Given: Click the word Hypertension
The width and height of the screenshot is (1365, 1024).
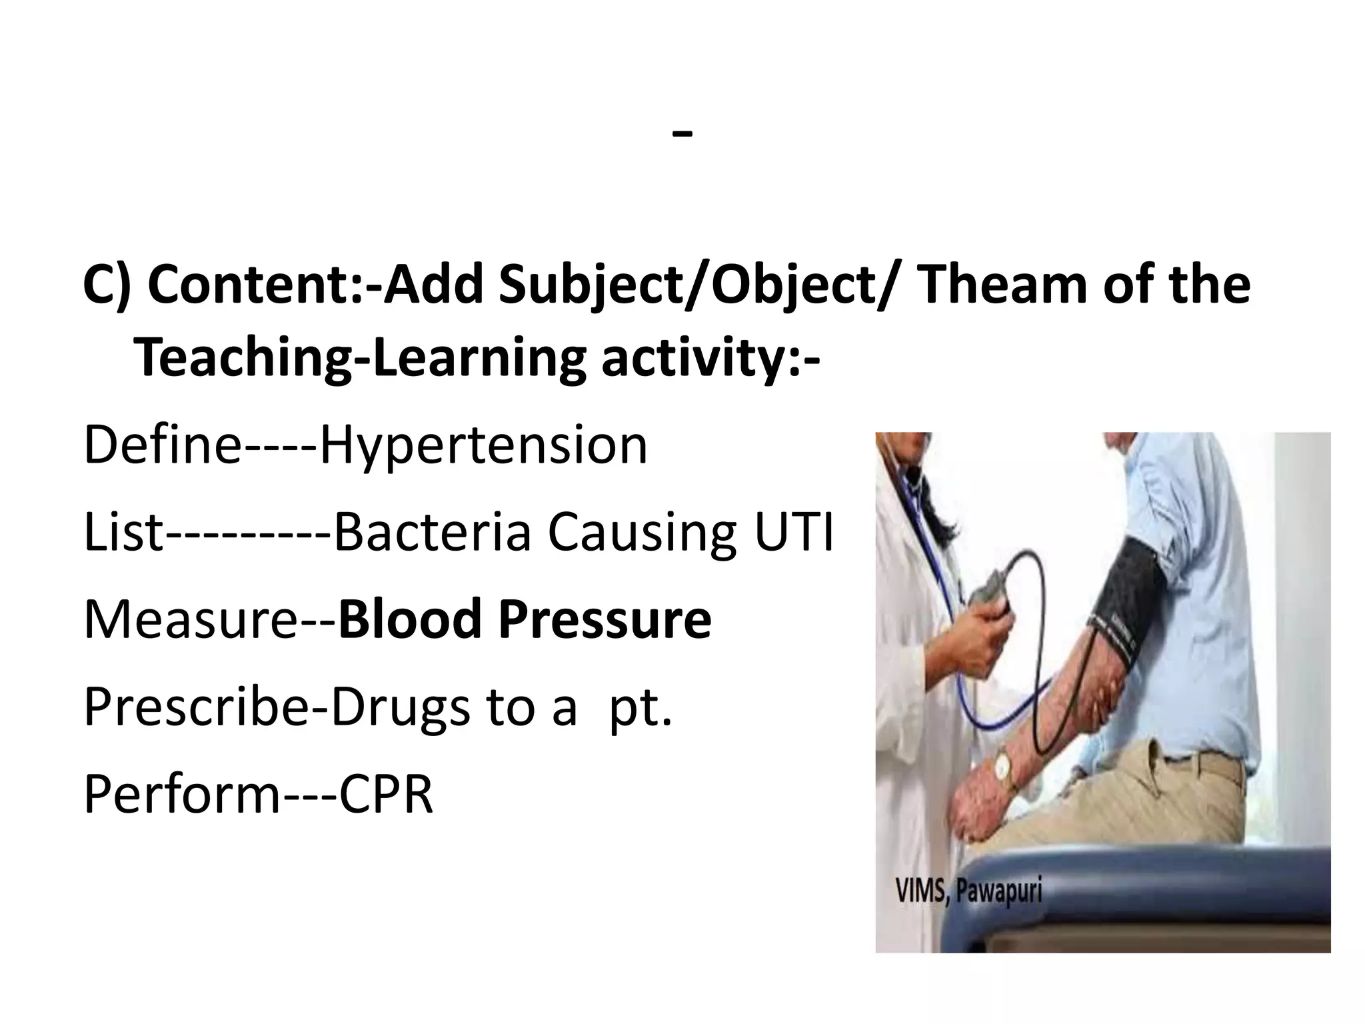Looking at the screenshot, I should tap(483, 446).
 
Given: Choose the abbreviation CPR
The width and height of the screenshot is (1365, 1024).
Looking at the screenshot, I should tap(386, 795).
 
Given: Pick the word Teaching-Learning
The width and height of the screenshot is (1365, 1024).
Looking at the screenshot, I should tap(360, 359).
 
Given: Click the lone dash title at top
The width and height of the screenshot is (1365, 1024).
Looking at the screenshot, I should tap(682, 133).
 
